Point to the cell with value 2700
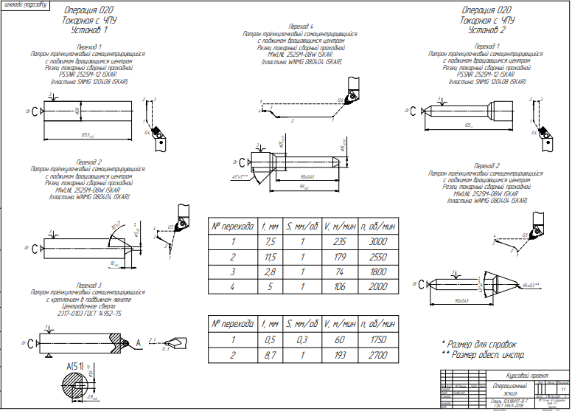pos(378,355)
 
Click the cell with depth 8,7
pos(270,355)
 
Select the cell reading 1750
pos(378,339)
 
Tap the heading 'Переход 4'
pos(291,27)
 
